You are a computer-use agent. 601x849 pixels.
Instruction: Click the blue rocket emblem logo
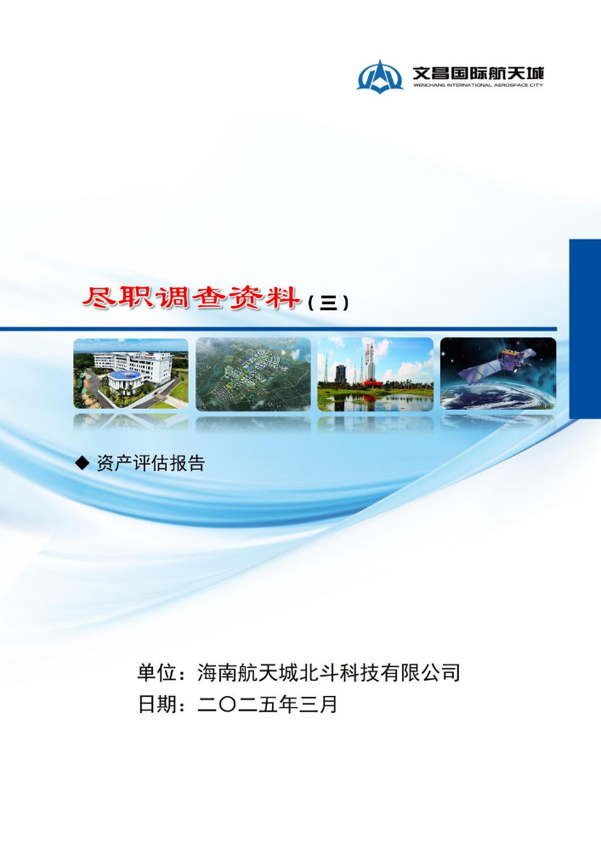tap(379, 76)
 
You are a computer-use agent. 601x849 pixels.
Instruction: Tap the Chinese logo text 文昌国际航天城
tap(478, 72)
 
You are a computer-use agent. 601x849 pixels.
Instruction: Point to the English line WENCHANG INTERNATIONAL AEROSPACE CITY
tap(478, 85)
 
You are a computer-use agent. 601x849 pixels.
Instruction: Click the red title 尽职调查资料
tap(191, 297)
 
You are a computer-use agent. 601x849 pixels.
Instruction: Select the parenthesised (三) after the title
tap(327, 303)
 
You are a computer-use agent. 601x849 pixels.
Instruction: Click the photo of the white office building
tap(131, 374)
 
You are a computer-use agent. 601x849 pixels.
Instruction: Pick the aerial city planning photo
tap(253, 374)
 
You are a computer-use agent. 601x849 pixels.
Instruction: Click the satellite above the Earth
tap(497, 364)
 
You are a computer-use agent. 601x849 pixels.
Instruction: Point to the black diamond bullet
tap(82, 463)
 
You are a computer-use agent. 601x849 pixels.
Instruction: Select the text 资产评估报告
tap(150, 463)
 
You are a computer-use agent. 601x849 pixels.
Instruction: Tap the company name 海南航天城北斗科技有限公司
tap(329, 672)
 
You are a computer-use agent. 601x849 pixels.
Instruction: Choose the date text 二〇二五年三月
tap(268, 705)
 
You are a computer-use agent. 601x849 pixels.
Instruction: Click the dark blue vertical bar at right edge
tap(585, 329)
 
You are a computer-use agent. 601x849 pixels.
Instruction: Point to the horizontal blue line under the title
tap(278, 329)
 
